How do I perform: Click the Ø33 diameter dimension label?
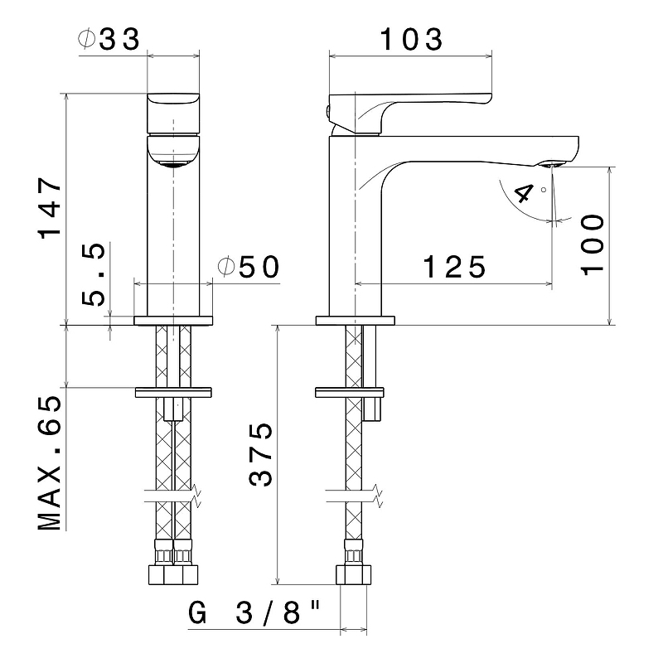point(109,39)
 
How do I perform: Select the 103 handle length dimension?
point(411,39)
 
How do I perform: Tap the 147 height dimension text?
point(50,208)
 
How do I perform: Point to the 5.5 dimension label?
point(93,274)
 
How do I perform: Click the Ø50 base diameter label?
point(249,267)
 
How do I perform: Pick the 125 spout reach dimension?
point(454,267)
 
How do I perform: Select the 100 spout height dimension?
point(593,244)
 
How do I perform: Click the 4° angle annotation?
point(529,193)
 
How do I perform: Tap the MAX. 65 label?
point(50,462)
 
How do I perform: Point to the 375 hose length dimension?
point(260,454)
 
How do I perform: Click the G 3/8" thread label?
point(254,613)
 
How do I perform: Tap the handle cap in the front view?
point(173,114)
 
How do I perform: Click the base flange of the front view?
point(173,321)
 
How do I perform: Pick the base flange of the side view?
point(356,321)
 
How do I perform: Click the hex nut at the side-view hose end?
point(354,574)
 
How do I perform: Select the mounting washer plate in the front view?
point(173,392)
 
